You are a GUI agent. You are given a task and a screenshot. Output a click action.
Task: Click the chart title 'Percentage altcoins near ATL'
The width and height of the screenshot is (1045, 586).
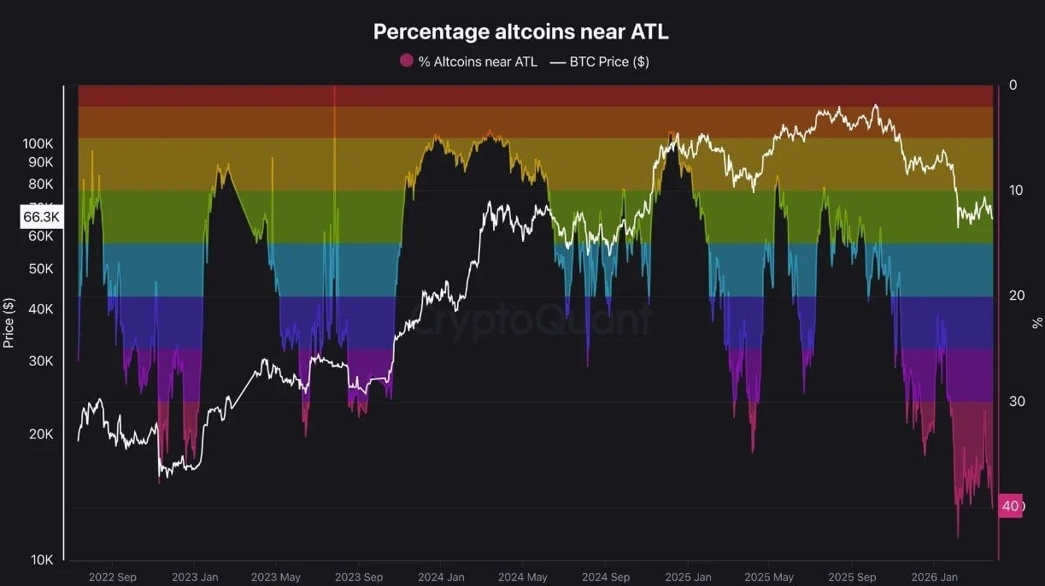click(x=521, y=32)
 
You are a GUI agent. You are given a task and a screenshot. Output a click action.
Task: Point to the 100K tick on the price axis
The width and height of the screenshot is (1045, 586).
click(x=38, y=144)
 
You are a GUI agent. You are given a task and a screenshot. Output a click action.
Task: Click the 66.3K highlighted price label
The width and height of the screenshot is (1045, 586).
click(x=41, y=217)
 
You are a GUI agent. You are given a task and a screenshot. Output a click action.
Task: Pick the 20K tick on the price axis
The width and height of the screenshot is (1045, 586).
click(x=41, y=434)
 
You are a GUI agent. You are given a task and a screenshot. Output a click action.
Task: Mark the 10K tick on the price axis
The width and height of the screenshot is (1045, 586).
click(x=41, y=560)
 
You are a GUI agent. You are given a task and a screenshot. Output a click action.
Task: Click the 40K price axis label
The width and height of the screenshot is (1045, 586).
click(x=41, y=309)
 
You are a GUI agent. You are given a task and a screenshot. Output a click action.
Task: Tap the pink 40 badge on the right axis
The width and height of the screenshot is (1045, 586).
click(x=1011, y=506)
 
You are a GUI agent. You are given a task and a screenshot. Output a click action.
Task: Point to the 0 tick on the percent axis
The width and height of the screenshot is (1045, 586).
click(x=1013, y=85)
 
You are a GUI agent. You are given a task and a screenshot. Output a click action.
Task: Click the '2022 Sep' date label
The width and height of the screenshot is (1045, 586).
click(x=112, y=577)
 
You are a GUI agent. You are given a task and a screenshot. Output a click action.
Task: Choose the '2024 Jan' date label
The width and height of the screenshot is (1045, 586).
click(x=441, y=577)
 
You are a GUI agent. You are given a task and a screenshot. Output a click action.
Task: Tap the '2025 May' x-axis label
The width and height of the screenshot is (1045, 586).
click(x=769, y=577)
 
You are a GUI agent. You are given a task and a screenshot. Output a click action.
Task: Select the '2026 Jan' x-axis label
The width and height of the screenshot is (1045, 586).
click(x=934, y=577)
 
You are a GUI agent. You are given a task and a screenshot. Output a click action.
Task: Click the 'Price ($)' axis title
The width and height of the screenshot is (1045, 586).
click(x=9, y=323)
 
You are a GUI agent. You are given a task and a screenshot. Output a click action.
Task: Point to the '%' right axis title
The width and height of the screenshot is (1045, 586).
click(x=1037, y=322)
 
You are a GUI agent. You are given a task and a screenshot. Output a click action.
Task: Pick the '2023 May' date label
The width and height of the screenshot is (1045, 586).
click(x=276, y=577)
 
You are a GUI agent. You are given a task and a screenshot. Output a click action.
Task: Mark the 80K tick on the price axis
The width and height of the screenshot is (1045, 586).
click(x=41, y=184)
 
